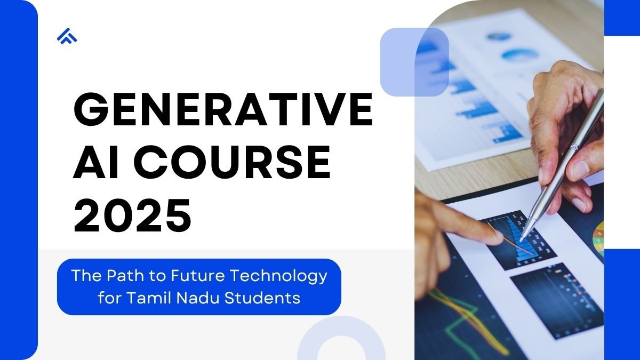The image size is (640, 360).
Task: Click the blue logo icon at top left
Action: tap(67, 36)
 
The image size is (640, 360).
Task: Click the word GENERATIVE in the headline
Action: tap(223, 109)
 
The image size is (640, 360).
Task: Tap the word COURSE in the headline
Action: tap(233, 162)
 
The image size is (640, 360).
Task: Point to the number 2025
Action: tap(132, 215)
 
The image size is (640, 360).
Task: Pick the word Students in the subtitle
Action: tap(262, 298)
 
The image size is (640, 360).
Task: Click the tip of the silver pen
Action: tap(521, 241)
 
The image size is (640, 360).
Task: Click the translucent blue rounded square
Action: tap(414, 62)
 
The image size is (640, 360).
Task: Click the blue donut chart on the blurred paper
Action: tap(521, 55)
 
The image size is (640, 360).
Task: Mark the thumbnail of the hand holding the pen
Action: tap(578, 169)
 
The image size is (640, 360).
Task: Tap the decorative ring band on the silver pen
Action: tap(574, 147)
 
